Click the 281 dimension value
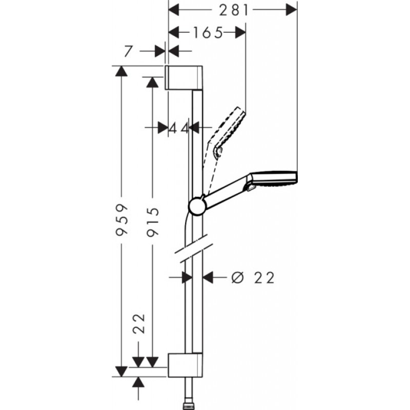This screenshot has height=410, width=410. click(x=234, y=11)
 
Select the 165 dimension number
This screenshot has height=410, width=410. click(x=208, y=33)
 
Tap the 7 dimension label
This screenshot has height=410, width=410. click(x=128, y=51)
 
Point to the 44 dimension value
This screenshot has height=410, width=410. click(x=178, y=129)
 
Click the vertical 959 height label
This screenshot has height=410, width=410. click(x=122, y=220)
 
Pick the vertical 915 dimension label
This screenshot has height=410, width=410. click(x=153, y=222)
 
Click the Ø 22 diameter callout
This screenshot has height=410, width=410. click(x=253, y=277)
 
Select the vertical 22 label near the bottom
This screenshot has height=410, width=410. click(x=139, y=323)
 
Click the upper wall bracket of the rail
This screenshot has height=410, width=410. click(x=184, y=78)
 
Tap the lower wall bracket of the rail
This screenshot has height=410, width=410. click(x=185, y=365)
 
